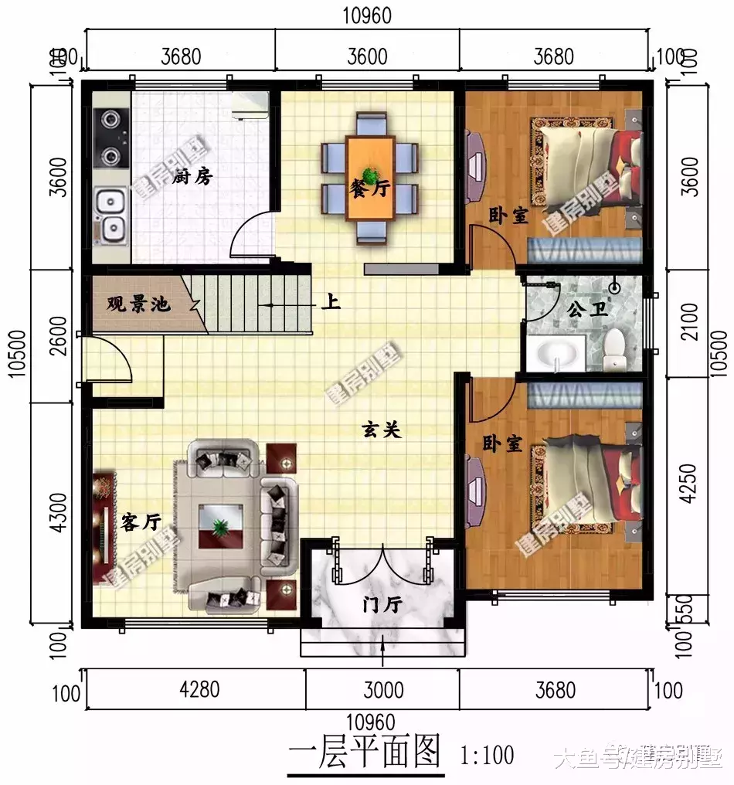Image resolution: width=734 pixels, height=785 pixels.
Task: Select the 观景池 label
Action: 138,304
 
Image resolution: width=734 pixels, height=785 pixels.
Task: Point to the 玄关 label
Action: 382,431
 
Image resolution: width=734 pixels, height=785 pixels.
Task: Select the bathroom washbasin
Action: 557,355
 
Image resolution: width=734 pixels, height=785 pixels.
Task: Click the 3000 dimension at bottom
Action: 384,688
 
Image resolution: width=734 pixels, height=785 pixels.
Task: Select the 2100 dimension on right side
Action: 689,324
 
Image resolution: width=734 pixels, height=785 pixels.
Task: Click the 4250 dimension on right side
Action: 689,484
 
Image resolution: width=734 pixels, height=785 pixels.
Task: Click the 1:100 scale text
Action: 487,754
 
